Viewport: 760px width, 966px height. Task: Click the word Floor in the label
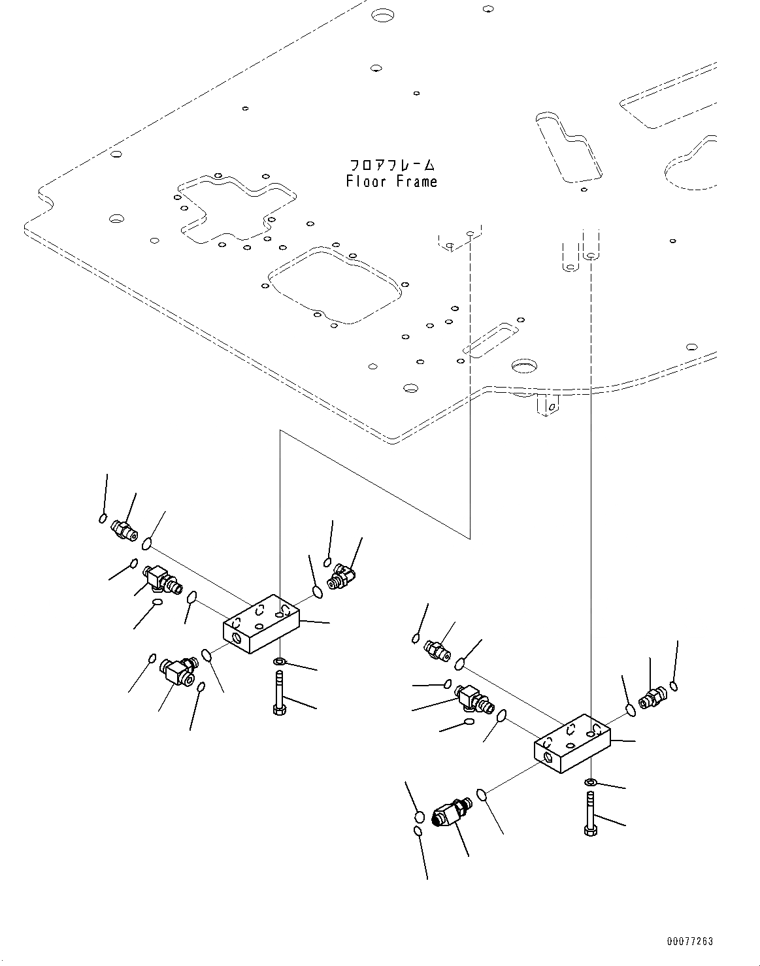click(x=365, y=182)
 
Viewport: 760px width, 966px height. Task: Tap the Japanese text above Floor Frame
click(x=391, y=164)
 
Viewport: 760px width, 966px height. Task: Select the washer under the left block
click(x=280, y=662)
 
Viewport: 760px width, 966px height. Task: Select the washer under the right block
click(x=590, y=782)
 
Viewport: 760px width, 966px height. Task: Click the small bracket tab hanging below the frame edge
click(x=548, y=405)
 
